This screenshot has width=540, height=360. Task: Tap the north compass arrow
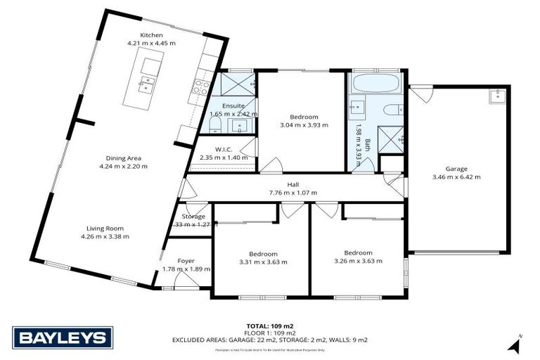pos(516,345)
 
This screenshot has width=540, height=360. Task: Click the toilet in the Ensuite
pos(216,126)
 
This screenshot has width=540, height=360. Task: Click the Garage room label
pos(456,168)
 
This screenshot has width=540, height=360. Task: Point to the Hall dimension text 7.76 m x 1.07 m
pos(292,193)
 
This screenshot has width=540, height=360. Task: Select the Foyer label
pos(186,260)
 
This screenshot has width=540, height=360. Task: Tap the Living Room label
pos(104,228)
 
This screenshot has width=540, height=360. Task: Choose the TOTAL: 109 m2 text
pos(270,326)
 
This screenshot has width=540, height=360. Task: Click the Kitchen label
pos(151,34)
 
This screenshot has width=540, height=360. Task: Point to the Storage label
pos(193,217)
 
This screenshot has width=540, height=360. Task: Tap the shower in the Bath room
pos(390,137)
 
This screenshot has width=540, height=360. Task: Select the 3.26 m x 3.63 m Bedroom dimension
pos(358,261)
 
